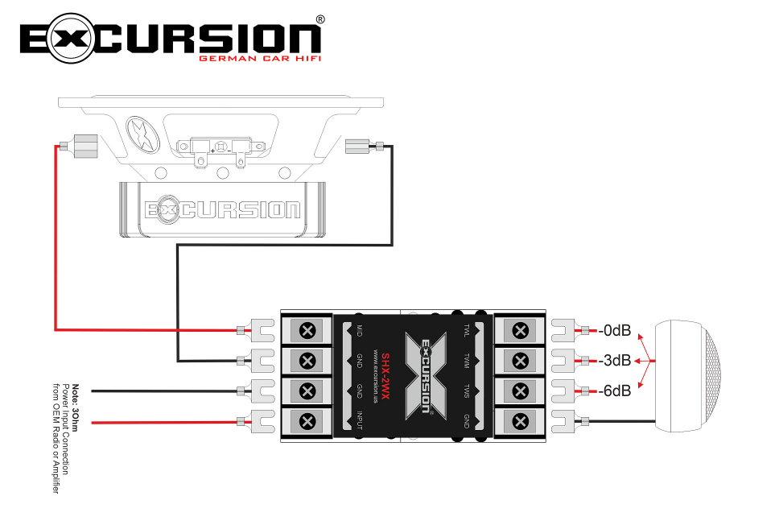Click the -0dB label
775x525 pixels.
[615, 330]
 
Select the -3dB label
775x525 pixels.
[615, 360]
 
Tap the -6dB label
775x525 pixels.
[615, 391]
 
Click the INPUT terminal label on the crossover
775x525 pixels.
[360, 420]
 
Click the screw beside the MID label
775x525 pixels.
[307, 330]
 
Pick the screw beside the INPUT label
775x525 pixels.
[307, 420]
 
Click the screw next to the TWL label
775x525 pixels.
[521, 330]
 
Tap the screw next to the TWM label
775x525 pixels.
[521, 360]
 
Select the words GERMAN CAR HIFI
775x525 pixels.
[258, 58]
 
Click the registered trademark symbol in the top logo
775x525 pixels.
[320, 19]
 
